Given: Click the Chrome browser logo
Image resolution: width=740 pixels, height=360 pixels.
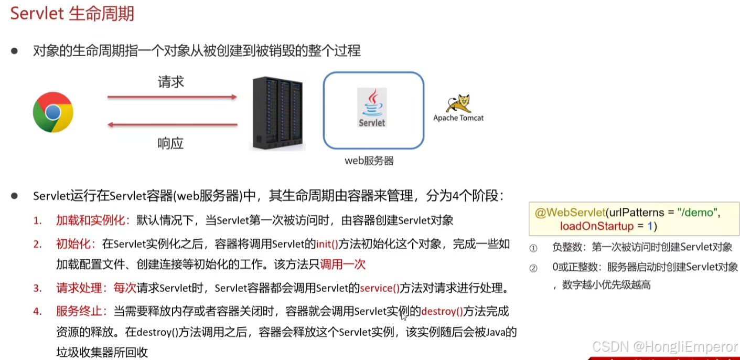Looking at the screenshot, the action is [53, 112].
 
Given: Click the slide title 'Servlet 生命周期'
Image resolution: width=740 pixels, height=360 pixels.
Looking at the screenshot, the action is [72, 13].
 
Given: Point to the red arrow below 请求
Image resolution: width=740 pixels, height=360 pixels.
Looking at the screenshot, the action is [172, 97].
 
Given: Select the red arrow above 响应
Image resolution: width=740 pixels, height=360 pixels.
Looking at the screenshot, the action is [172, 125].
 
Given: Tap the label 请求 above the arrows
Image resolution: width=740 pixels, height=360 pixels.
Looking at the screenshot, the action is [171, 82].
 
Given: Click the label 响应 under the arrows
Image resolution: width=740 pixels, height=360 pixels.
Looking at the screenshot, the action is [171, 143].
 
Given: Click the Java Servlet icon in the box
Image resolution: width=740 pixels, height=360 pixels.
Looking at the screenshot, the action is [372, 108].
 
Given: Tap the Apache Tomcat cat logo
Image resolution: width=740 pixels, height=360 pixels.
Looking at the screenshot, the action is [458, 104].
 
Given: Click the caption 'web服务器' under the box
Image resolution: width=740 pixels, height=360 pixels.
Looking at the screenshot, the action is [369, 161].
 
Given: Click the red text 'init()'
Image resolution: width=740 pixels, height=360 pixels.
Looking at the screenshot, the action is [327, 244].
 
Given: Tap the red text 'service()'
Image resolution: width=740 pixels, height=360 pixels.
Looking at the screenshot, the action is [380, 288].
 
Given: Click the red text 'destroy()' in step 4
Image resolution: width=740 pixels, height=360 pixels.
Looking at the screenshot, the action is [442, 312].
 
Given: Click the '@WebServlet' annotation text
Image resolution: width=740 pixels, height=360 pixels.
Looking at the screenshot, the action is [569, 213].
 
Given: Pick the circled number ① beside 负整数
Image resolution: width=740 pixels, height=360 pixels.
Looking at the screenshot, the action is [533, 248].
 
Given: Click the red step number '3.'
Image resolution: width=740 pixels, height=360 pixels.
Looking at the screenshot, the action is [37, 288].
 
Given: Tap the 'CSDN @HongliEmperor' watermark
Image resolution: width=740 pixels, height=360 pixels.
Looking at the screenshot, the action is [664, 347].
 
